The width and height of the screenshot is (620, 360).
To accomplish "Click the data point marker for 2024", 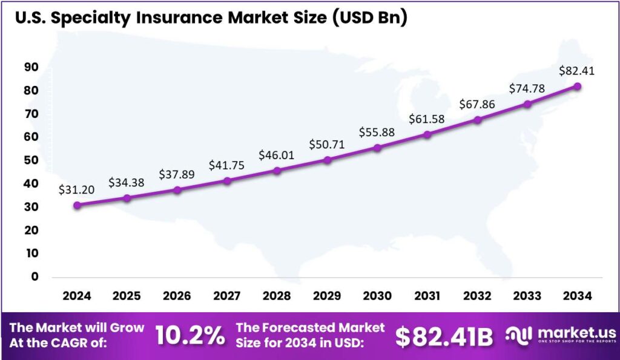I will click(x=77, y=205).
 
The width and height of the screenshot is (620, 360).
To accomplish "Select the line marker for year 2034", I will click(x=578, y=87).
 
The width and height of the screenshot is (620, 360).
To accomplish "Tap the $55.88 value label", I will click(x=377, y=132).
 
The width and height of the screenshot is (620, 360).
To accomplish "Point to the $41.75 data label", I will click(x=227, y=165).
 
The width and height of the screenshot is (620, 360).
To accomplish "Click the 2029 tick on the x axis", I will click(x=327, y=296).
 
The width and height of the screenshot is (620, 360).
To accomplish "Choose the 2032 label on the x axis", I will click(x=477, y=296).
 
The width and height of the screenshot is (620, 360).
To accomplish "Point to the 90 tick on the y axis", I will click(x=31, y=67).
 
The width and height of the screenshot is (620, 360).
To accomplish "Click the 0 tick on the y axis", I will click(x=35, y=277).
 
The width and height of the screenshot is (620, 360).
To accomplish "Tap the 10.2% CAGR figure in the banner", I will click(x=190, y=336).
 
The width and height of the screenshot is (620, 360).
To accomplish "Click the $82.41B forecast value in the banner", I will click(x=444, y=337).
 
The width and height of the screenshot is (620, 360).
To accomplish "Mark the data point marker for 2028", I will click(x=277, y=171).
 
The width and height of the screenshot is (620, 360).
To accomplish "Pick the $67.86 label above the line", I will click(x=477, y=104).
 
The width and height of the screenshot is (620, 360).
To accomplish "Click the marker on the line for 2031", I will click(x=427, y=134).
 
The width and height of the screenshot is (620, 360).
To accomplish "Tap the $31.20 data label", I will click(x=77, y=189).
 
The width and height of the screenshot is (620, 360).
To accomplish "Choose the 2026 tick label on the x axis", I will click(x=177, y=296).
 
